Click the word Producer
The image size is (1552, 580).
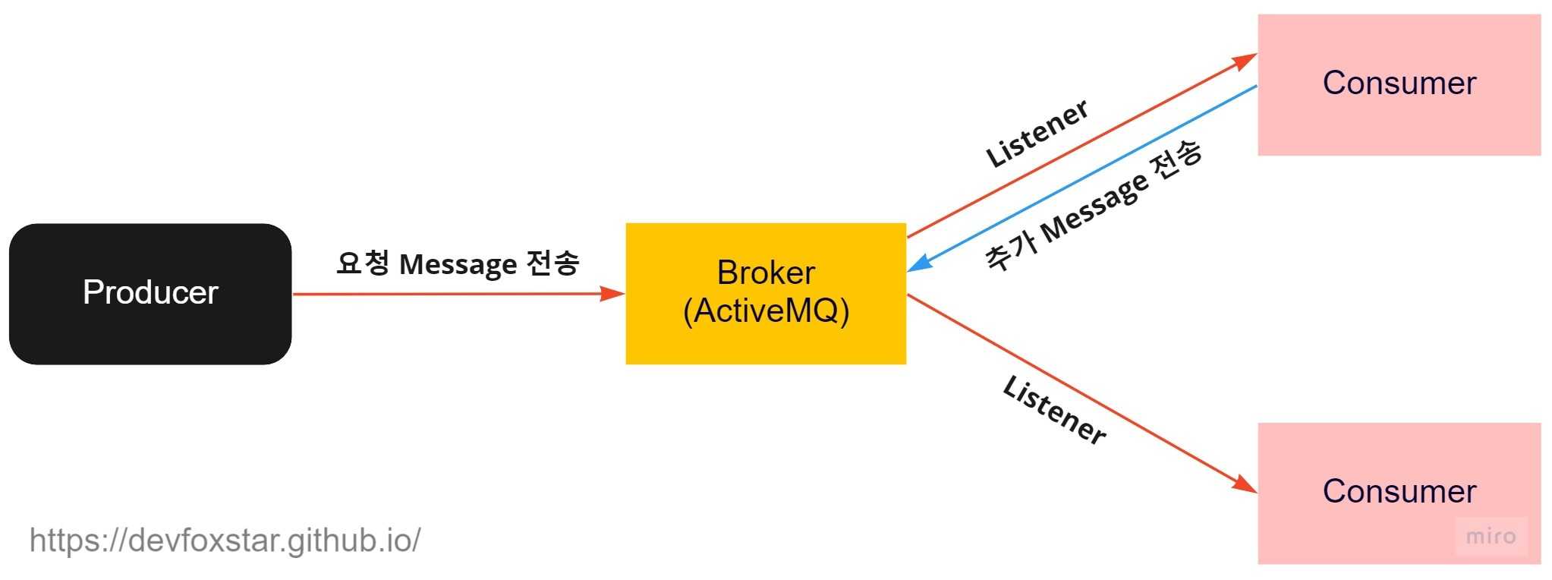pos(150,292)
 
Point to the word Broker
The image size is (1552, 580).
pos(766,273)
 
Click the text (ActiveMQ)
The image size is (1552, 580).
pos(766,310)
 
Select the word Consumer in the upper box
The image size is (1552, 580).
pos(1399,83)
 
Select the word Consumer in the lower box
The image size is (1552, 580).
pos(1399,491)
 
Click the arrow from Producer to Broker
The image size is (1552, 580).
pos(455,294)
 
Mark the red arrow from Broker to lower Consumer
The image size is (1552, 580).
pos(1078,392)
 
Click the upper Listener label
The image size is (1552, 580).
pos(1037,133)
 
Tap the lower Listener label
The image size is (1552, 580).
pos(1053,410)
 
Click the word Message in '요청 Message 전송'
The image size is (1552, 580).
pos(458,264)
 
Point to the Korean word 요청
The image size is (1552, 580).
pos(362,263)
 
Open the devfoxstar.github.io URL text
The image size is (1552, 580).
pos(225,541)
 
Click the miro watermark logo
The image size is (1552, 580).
pos(1491,537)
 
